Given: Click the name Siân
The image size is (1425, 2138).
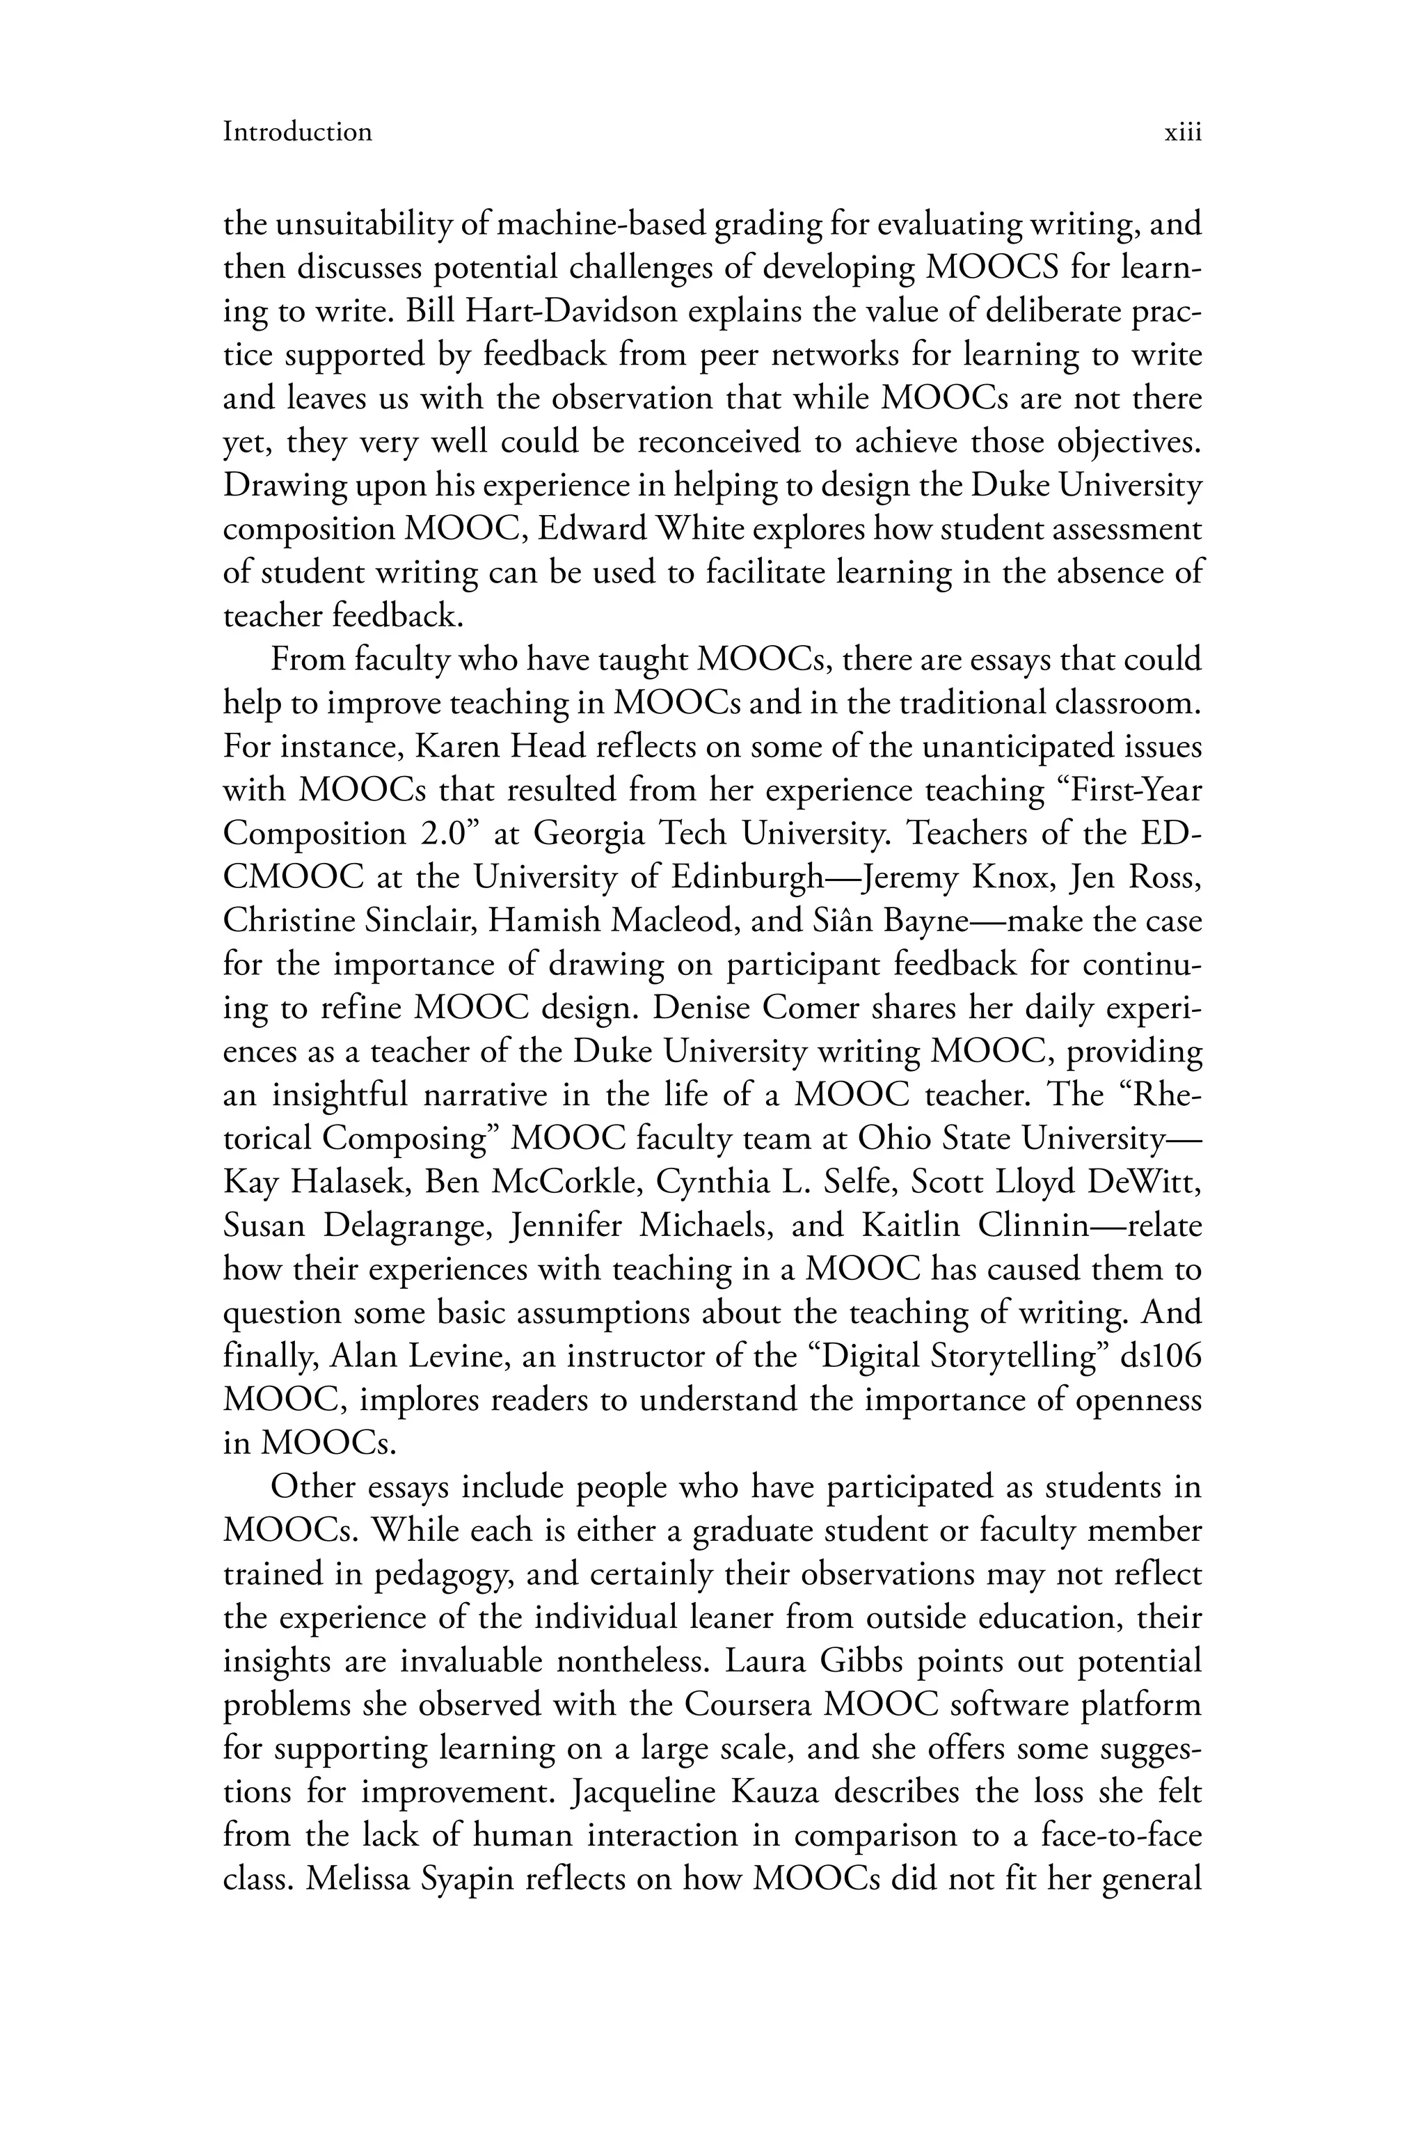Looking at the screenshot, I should click(831, 921).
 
